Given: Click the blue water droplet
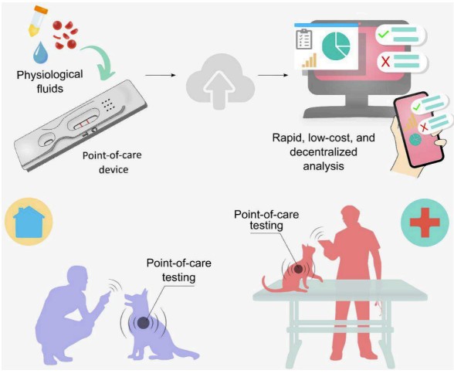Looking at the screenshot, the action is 40,53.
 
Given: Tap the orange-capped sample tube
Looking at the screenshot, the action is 37,21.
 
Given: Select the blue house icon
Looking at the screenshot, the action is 29,222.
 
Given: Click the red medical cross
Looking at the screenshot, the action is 425,222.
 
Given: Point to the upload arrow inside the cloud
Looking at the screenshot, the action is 219,87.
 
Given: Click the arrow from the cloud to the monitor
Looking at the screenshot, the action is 273,76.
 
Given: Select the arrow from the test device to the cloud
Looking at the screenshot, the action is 161,76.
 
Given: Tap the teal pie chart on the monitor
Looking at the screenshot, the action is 336,46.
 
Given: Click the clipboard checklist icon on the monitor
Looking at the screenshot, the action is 303,39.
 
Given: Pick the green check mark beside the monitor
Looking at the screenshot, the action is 384,35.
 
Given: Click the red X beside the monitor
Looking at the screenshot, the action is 386,62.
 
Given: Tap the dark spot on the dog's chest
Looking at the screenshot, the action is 143,323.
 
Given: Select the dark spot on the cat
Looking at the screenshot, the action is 298,269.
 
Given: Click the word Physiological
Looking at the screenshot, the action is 49,75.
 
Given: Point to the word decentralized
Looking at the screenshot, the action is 324,152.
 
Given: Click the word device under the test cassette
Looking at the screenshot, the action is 113,169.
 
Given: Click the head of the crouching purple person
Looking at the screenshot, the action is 77,277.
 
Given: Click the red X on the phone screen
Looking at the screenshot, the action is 424,127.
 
